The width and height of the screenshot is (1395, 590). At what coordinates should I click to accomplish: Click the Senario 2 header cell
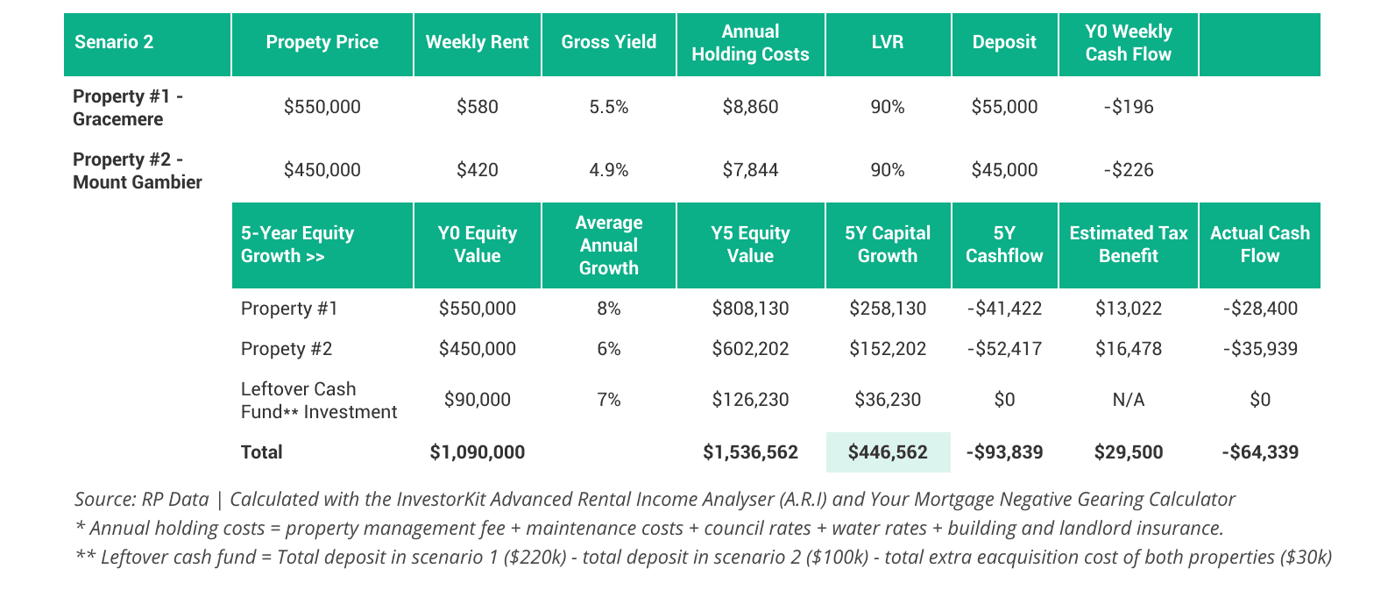click(114, 42)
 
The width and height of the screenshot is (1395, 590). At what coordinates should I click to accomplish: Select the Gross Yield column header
click(608, 42)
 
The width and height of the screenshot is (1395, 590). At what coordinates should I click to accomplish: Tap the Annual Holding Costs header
click(750, 43)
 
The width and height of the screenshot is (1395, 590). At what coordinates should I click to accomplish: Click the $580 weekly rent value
click(477, 107)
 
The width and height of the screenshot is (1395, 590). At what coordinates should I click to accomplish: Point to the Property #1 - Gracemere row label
click(128, 107)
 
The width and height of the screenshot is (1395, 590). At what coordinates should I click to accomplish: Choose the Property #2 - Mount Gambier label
click(138, 170)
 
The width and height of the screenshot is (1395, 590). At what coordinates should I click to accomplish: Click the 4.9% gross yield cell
click(608, 170)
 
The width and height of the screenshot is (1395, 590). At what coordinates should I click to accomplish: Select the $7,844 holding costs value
click(750, 170)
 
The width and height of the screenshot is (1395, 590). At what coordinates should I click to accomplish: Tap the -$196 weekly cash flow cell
click(1128, 107)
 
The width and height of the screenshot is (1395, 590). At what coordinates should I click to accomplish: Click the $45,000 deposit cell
click(1004, 170)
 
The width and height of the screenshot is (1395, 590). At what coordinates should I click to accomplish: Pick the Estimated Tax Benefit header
click(1128, 245)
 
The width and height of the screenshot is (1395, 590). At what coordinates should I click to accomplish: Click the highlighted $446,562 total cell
click(887, 452)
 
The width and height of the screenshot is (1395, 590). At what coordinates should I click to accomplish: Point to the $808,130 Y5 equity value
click(750, 309)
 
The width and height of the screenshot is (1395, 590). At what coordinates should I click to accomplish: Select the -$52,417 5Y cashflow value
click(1004, 349)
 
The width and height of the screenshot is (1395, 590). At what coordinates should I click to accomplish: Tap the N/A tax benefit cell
click(1128, 400)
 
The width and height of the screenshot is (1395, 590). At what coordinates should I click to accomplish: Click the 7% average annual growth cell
click(608, 400)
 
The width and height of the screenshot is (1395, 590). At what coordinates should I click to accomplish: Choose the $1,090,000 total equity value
click(477, 452)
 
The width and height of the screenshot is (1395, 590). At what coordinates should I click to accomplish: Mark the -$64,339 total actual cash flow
click(1259, 452)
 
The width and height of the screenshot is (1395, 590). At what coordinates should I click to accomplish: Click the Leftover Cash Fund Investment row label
click(318, 400)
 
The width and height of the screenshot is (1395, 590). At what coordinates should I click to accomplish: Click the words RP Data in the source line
click(175, 500)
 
